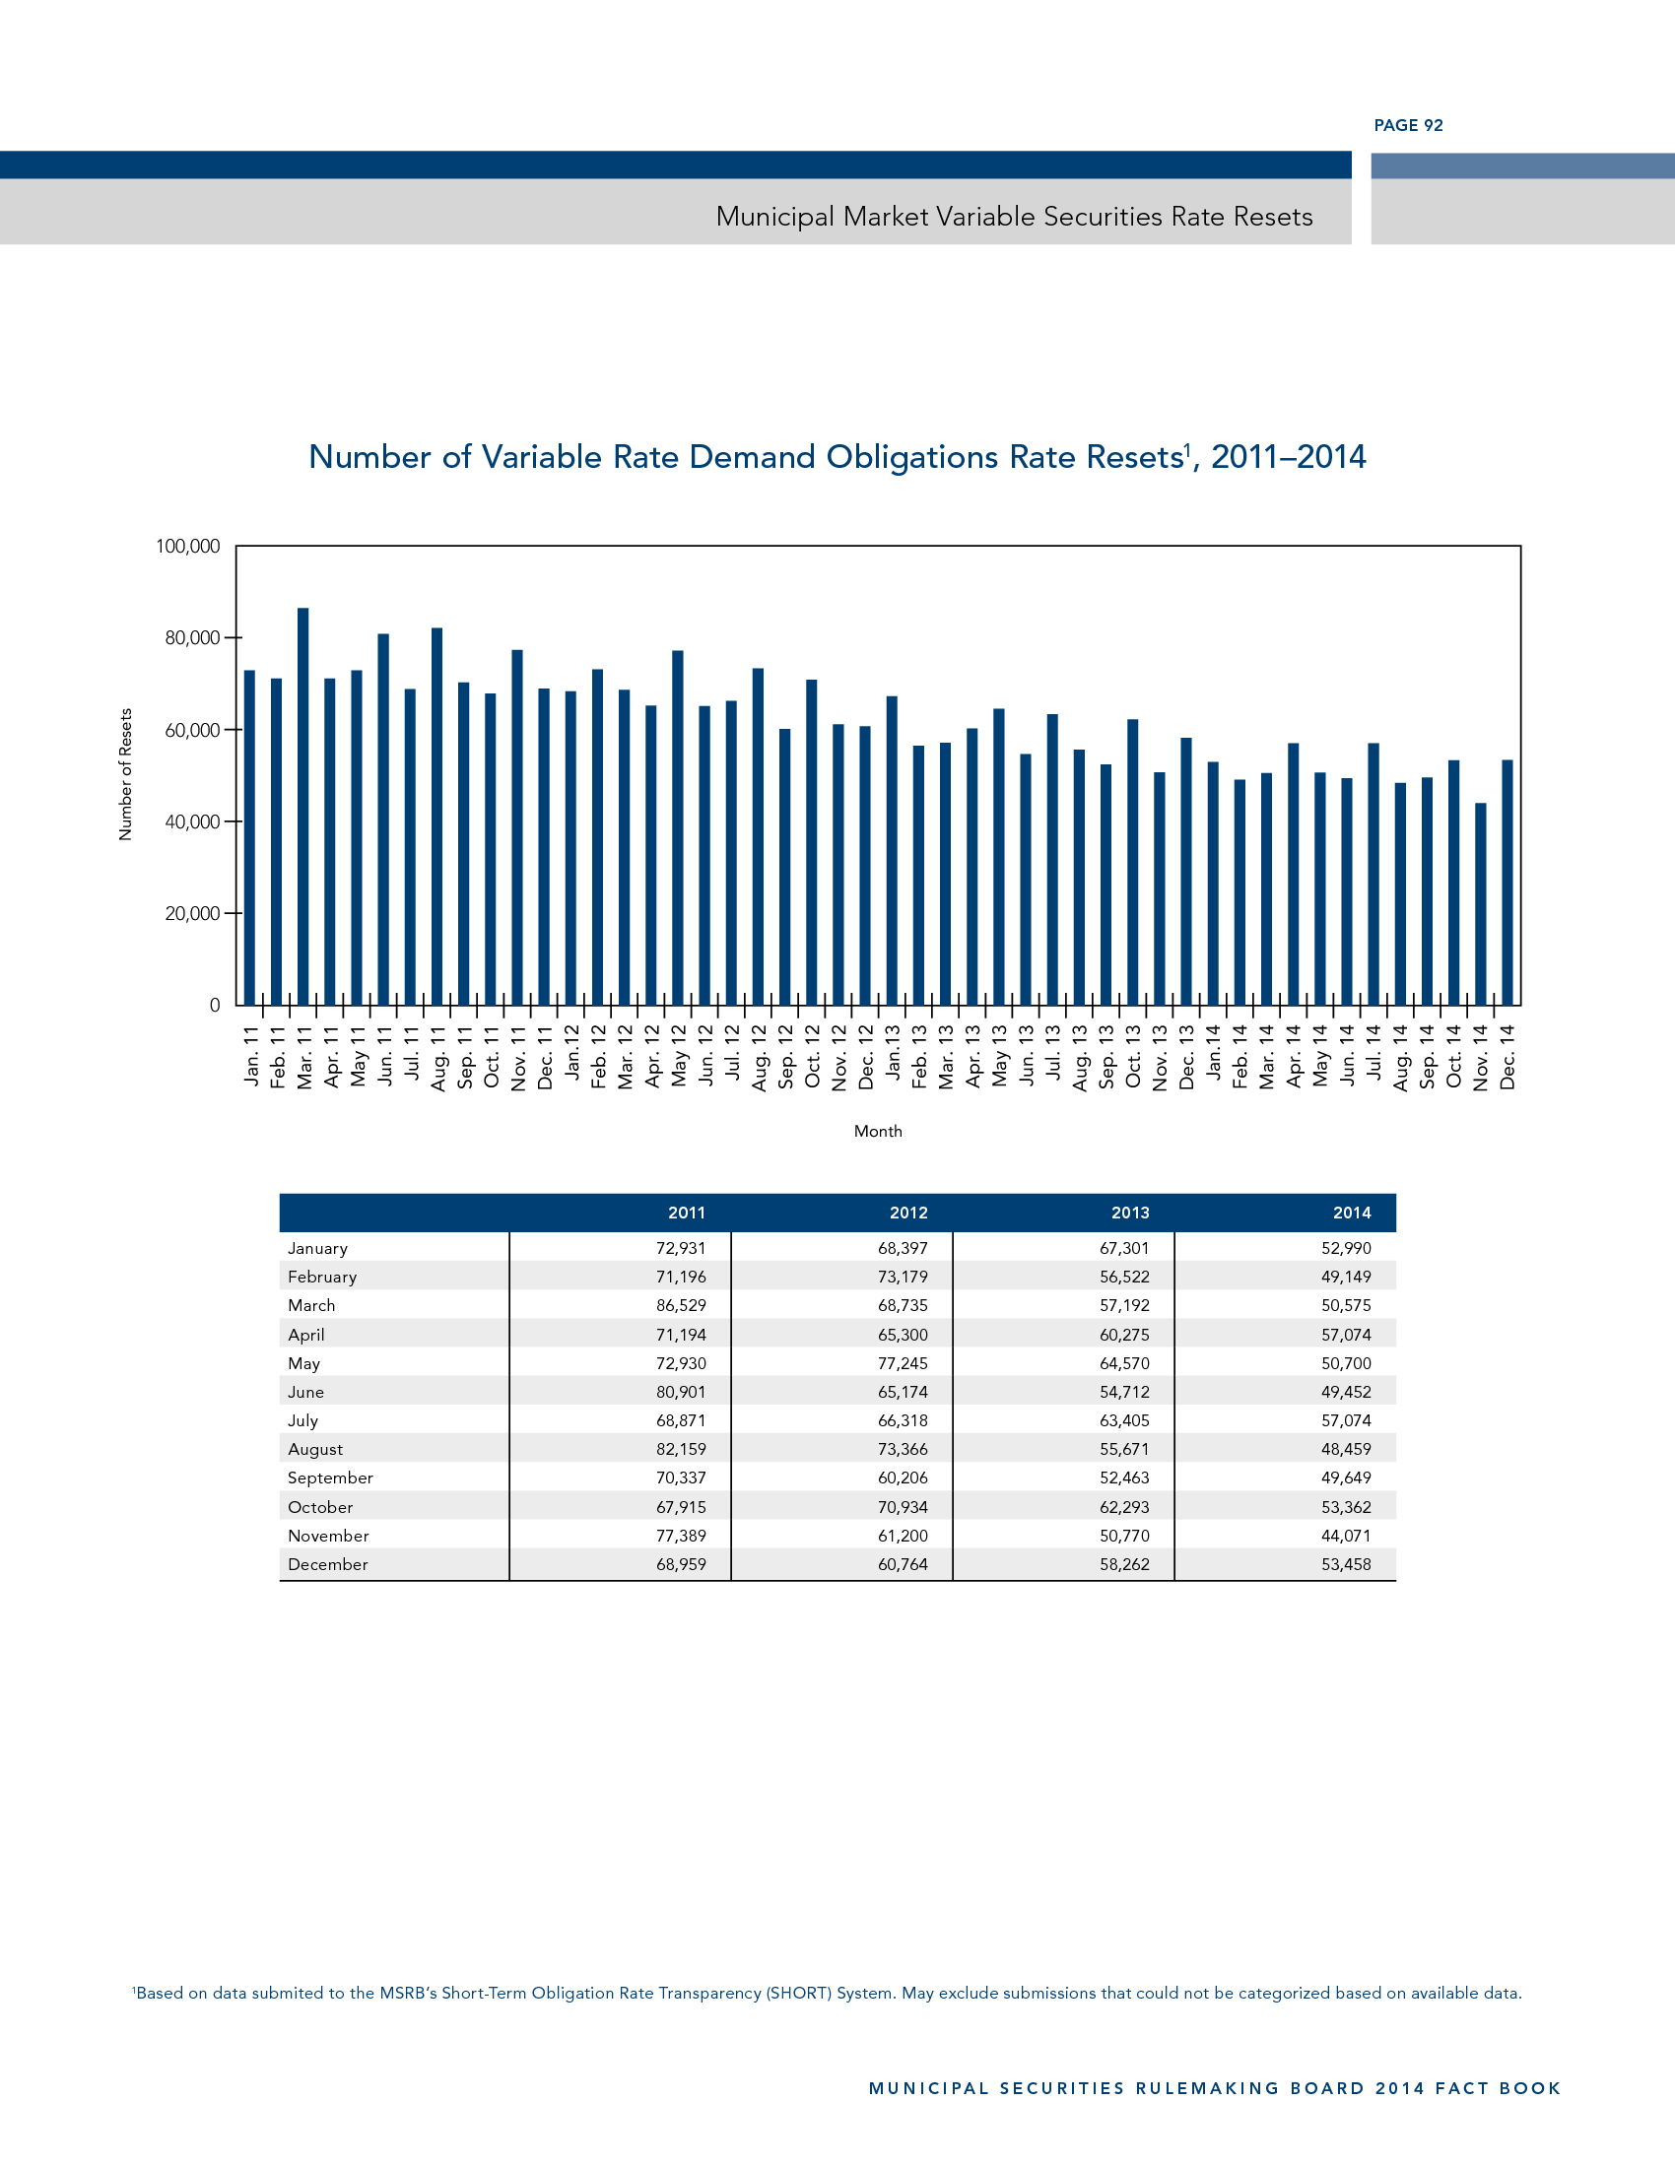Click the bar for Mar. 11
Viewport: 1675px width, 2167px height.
[302, 806]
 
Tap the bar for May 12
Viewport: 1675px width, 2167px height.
[678, 827]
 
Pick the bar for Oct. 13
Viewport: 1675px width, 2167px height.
[1133, 861]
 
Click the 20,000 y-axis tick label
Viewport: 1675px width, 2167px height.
[192, 914]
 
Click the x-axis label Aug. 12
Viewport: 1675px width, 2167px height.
[759, 1058]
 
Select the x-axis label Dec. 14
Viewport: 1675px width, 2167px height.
[1507, 1058]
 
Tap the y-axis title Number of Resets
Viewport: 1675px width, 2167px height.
[125, 775]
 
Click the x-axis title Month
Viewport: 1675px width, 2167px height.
[878, 1131]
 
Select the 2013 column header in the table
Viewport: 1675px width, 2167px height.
[1129, 1213]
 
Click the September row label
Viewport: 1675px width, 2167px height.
[330, 1477]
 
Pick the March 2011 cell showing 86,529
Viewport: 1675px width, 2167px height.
[681, 1305]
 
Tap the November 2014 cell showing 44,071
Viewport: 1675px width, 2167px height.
[1346, 1535]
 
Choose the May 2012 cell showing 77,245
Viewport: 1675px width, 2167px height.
[902, 1363]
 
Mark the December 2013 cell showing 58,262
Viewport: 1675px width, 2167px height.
[1124, 1564]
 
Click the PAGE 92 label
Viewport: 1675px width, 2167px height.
[1408, 125]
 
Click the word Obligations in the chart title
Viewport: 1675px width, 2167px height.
[912, 457]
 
